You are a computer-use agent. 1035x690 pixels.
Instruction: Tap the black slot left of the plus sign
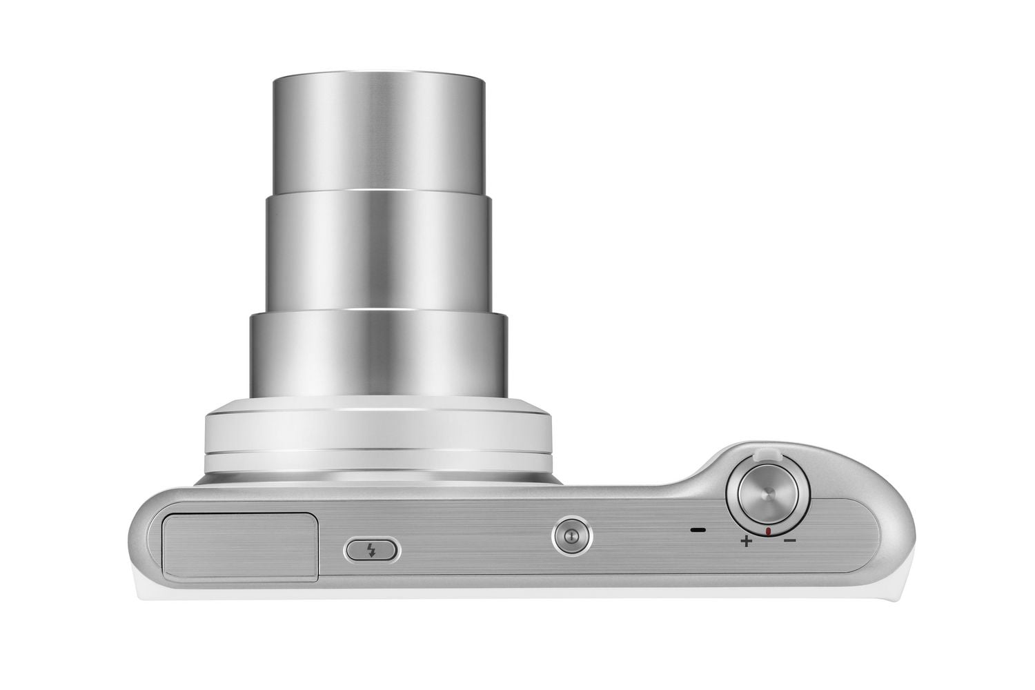coord(698,531)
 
